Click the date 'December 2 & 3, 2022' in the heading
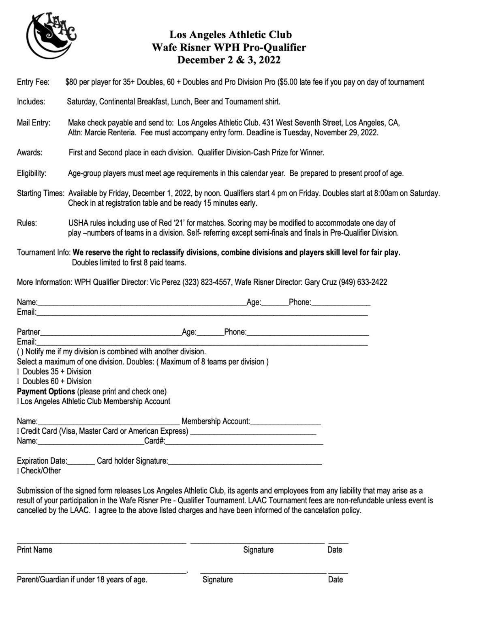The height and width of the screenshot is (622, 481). point(229,60)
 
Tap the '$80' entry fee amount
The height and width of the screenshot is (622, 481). point(71,82)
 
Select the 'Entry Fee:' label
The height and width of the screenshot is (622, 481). point(33,82)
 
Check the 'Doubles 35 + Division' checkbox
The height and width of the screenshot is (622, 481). point(18,372)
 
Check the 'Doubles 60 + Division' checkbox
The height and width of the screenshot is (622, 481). point(18,381)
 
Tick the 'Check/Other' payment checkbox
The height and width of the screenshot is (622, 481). point(18,471)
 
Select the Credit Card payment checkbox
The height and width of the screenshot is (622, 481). point(18,431)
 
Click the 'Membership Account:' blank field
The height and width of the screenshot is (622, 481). point(286,422)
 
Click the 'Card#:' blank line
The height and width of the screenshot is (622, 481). point(244,441)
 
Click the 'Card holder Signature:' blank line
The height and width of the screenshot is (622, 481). point(245,461)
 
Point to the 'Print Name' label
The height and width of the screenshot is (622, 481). point(34,550)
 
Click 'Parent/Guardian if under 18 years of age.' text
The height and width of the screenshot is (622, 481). point(82,580)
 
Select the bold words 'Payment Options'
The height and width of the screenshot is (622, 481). point(46,392)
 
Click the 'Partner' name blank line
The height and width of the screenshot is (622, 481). point(110,333)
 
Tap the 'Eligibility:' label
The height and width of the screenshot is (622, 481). point(32,174)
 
